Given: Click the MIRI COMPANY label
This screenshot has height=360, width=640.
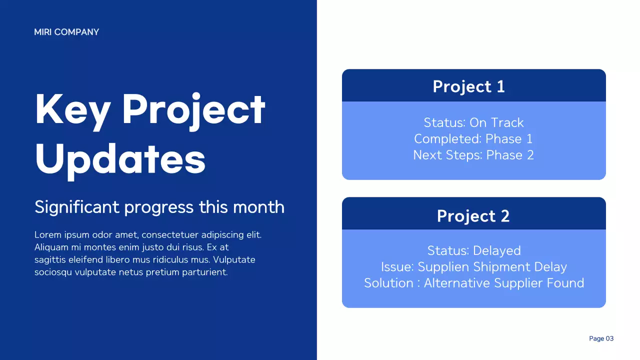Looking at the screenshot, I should [x=66, y=32].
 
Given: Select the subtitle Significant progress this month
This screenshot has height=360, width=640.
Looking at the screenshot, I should [x=159, y=207].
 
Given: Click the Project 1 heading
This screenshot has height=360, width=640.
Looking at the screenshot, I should [x=468, y=86].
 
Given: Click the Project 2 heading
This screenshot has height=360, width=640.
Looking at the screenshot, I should [x=473, y=215].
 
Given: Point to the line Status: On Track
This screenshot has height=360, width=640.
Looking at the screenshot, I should [x=473, y=122].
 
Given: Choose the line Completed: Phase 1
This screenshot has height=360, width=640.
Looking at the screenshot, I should [x=473, y=138].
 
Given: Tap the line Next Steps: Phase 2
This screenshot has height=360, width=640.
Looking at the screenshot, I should [x=473, y=155].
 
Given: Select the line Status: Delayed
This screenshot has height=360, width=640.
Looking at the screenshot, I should [x=473, y=250].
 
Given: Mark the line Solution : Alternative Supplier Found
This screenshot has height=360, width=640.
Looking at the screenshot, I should [x=473, y=283].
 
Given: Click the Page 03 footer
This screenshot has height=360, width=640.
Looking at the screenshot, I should [x=601, y=338].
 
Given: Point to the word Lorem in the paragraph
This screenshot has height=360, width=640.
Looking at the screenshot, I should [x=46, y=234].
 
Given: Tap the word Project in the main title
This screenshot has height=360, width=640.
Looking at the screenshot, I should [x=194, y=109].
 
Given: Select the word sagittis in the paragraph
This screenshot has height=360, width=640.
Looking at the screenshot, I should [x=50, y=260].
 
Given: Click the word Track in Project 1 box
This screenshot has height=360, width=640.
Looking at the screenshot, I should [x=507, y=122].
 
